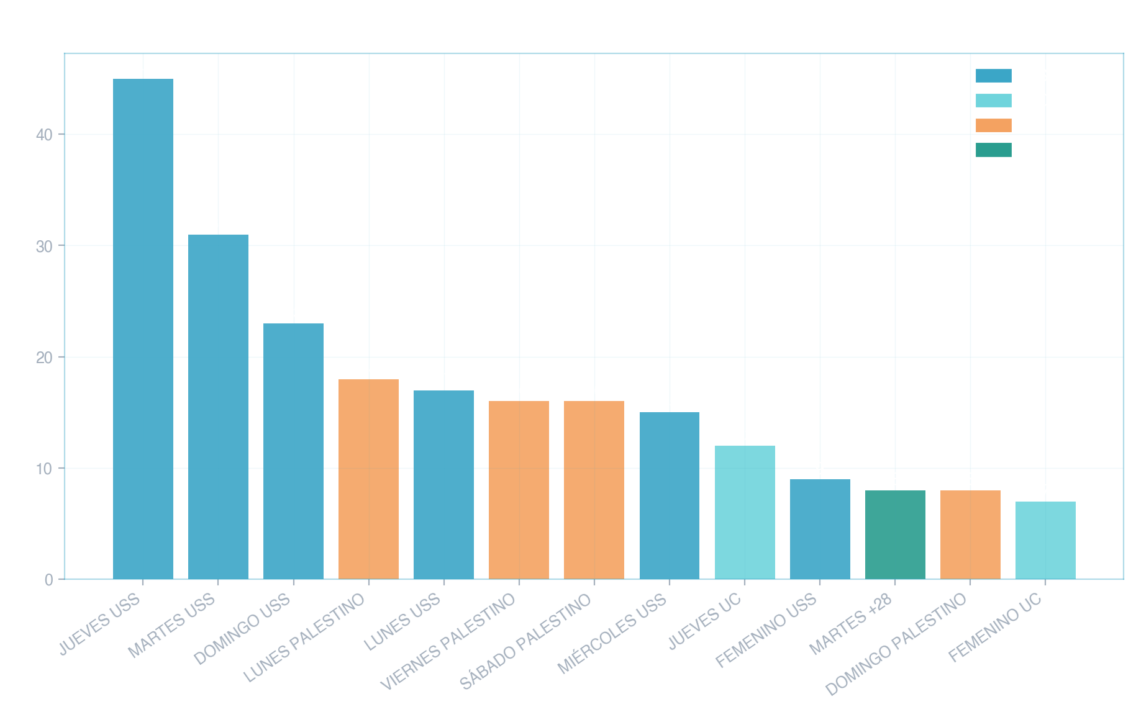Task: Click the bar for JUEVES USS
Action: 143,329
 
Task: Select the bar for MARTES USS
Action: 218,407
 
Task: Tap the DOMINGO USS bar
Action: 293,451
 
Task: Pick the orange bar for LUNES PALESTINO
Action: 368,479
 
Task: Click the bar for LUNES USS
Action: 443,485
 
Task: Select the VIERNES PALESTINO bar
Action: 519,490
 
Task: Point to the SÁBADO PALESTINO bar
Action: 594,490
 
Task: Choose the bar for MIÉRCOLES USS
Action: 669,496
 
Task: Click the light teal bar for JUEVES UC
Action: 745,513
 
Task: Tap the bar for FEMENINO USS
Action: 820,529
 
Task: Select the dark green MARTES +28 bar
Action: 895,535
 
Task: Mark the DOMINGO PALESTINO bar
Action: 970,535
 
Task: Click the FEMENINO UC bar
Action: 1045,541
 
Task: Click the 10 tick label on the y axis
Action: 44,469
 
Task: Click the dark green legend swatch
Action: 993,150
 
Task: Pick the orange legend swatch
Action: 993,125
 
